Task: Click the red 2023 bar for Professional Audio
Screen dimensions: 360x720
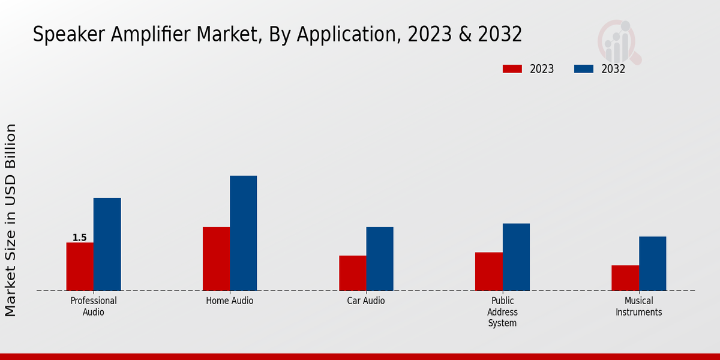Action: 80,266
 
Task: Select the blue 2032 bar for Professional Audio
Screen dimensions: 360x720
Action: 107,244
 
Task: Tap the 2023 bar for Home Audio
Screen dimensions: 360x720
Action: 216,259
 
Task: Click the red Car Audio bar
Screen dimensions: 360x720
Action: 352,273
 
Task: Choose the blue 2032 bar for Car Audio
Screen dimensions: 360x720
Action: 380,259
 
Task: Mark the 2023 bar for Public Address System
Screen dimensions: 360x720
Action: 488,271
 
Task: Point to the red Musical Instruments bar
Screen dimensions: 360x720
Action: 625,278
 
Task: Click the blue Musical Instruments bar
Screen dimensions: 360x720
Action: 652,263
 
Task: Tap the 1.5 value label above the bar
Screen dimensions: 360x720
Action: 79,238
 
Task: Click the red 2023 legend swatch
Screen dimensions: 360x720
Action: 512,69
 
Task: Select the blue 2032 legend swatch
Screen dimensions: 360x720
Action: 583,69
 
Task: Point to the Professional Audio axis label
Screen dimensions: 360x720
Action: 94,306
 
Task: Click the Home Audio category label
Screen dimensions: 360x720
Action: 230,301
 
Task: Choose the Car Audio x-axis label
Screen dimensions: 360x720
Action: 366,301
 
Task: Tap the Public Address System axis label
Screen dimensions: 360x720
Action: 502,312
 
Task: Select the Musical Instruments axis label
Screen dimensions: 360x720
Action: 638,306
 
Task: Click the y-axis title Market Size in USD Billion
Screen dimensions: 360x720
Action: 11,220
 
